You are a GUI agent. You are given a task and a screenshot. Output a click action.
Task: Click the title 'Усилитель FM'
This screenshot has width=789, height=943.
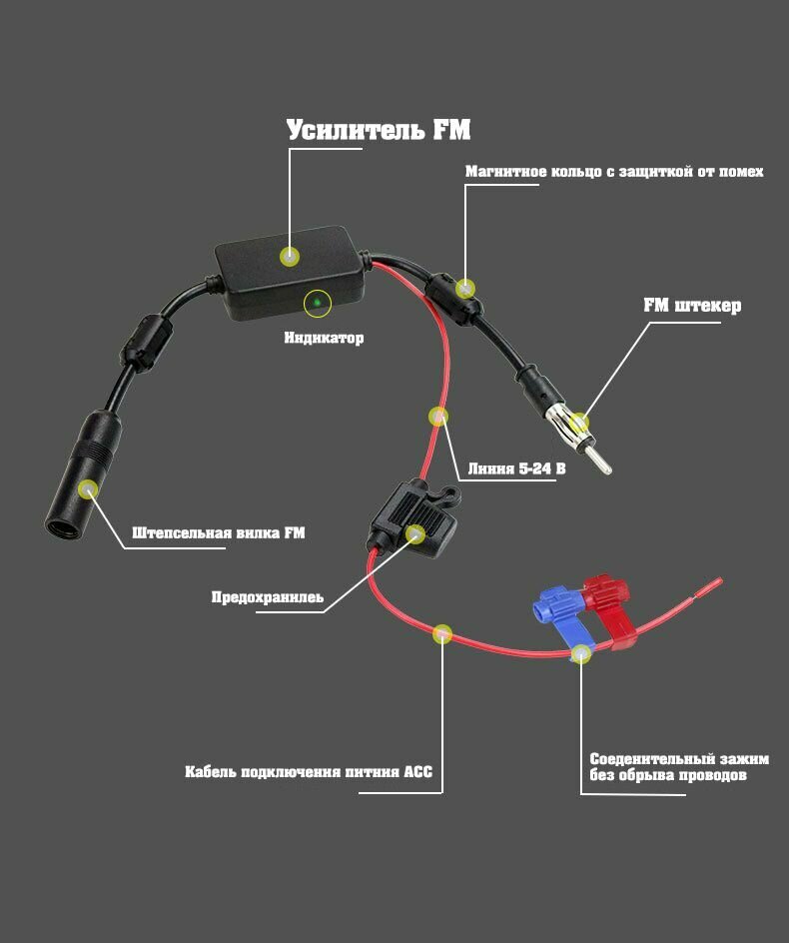pos(378,131)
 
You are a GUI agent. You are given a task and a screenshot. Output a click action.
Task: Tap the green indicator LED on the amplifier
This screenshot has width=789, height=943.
pos(317,301)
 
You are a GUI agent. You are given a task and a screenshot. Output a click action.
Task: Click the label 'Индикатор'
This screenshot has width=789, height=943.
pos(324,338)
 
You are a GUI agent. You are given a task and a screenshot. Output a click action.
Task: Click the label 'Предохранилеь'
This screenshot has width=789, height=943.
pos(267,597)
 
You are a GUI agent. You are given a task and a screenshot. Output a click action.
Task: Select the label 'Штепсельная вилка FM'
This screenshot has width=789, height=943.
pos(218,532)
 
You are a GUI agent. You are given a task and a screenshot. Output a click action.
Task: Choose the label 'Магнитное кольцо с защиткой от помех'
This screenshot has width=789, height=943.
pos(614,172)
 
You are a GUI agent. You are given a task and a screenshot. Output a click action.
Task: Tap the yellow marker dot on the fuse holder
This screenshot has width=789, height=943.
pos(415,533)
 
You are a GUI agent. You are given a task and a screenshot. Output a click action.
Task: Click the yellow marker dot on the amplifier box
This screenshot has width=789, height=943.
pos(290,257)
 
